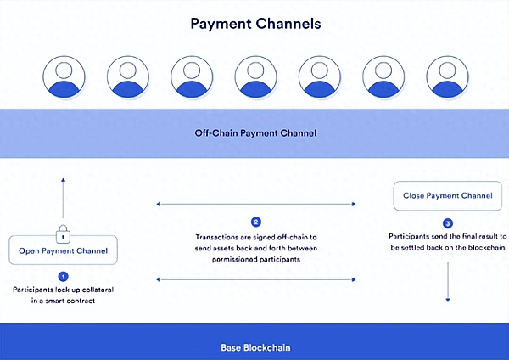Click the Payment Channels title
coord(255,24)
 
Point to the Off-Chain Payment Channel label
coord(255,133)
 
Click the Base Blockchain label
coord(255,347)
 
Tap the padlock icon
coord(63,233)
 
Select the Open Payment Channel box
coord(64,250)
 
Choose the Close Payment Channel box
coord(447,195)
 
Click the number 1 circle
coord(63,276)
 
